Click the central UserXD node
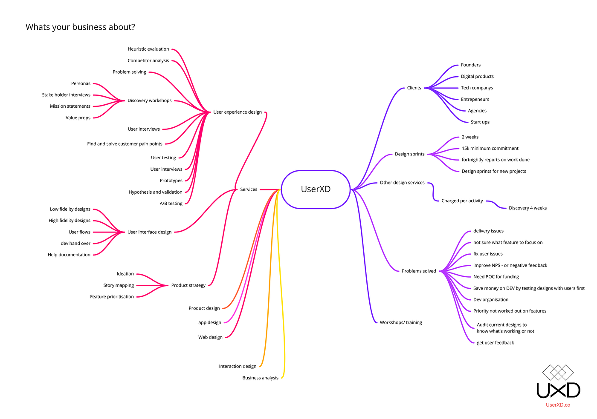coord(316,189)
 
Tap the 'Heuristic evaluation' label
coord(148,49)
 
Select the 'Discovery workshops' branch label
coord(149,100)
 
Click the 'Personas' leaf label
coord(81,83)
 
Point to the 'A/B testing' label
coord(171,204)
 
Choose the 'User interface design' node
coord(149,232)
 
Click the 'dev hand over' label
coord(75,244)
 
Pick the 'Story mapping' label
coord(119,285)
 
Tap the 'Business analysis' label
coord(260,378)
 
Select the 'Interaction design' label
coord(238,366)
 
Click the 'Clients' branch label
coord(414,88)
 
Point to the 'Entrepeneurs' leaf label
coord(475,99)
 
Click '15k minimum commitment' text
coord(490,148)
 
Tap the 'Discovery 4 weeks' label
coord(527,208)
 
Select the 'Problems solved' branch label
coord(419,271)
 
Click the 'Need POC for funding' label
coord(496,277)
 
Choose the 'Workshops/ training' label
coord(401,322)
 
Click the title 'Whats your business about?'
coord(80,27)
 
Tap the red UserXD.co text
coord(558,405)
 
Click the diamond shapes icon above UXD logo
coord(558,373)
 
